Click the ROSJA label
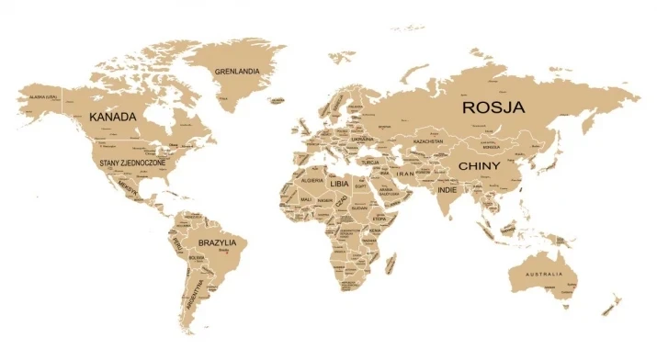tap(493, 107)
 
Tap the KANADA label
tap(113, 118)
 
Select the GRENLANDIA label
tap(237, 72)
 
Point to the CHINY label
tap(479, 166)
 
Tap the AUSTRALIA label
tap(550, 276)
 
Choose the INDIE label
tap(447, 189)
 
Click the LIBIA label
tap(340, 183)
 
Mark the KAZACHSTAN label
tap(428, 141)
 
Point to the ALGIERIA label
tap(309, 182)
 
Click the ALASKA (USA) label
tap(44, 96)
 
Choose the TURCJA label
tap(369, 162)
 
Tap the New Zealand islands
tap(609, 303)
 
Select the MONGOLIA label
tap(491, 147)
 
